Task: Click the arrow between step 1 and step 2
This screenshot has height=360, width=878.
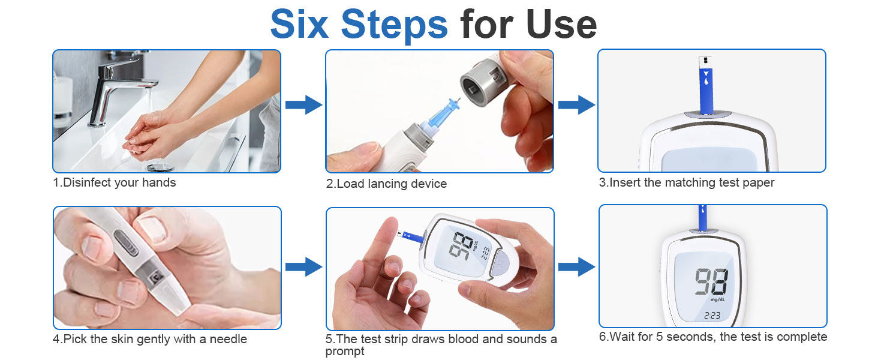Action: click(x=303, y=105)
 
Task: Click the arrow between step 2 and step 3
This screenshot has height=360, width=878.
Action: click(x=576, y=105)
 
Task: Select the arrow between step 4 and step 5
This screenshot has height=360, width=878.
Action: click(x=303, y=266)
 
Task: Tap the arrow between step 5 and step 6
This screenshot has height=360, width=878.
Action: click(x=576, y=266)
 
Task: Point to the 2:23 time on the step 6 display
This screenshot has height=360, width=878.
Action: click(x=712, y=316)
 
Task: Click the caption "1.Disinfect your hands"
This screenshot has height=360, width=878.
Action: click(x=115, y=182)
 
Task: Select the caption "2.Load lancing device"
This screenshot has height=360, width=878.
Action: click(x=386, y=184)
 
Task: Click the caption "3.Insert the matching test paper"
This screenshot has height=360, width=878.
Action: click(x=687, y=182)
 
